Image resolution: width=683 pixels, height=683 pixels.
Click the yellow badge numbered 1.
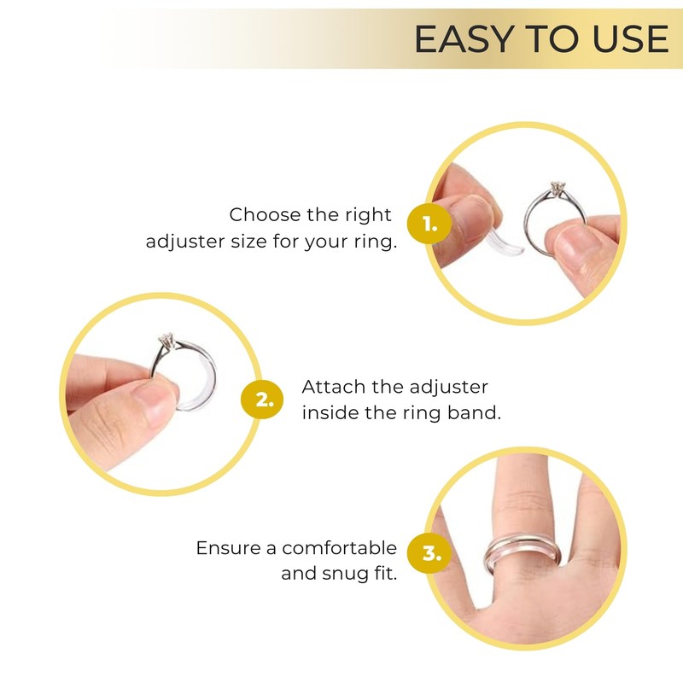429,225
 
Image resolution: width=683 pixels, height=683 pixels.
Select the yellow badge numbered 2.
264,400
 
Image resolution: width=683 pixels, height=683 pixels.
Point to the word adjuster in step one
184,242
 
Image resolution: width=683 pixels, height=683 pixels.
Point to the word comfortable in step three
340,547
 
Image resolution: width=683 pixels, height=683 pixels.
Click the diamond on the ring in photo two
165,341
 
